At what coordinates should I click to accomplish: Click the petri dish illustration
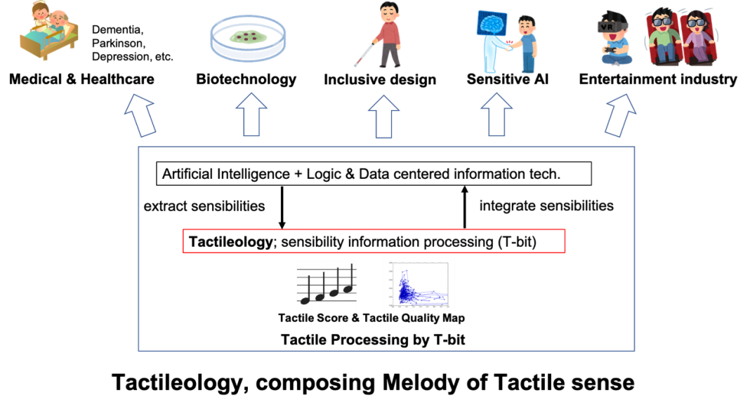[x=248, y=39]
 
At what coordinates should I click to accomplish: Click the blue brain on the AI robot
[x=492, y=23]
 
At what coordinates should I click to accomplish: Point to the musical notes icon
[x=327, y=284]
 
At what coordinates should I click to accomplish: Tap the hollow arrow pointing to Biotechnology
[x=251, y=114]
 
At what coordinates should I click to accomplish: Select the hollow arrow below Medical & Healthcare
[x=140, y=115]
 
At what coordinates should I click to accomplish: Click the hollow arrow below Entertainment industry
[x=620, y=115]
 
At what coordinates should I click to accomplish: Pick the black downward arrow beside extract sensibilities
[x=282, y=208]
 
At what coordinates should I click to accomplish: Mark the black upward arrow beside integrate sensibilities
[x=464, y=208]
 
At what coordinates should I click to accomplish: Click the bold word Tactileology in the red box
[x=230, y=242]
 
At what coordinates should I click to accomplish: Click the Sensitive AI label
[x=508, y=79]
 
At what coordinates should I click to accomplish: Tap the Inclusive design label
[x=380, y=79]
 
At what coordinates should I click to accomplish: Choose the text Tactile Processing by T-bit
[x=373, y=340]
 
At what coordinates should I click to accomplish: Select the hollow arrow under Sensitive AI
[x=496, y=114]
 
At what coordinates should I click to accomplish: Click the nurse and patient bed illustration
[x=48, y=32]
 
